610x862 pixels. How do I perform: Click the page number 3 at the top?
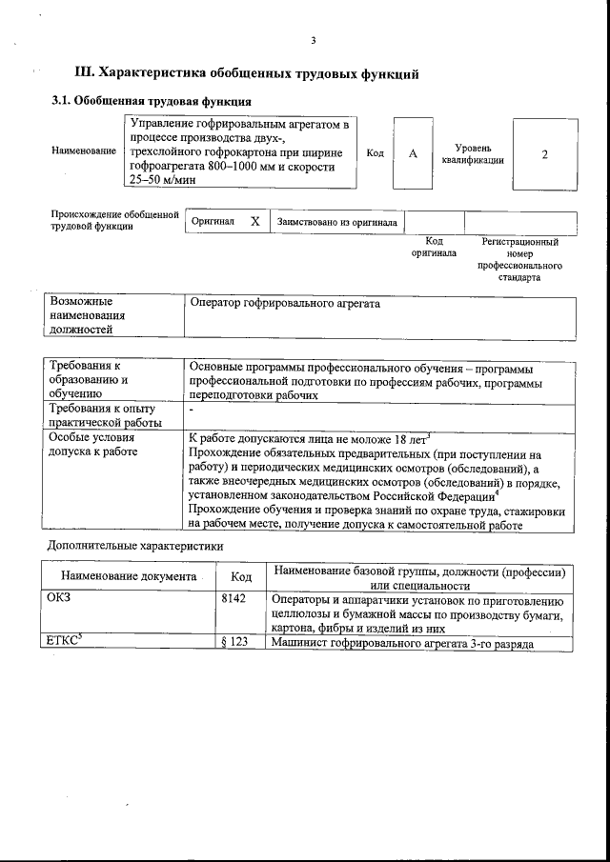[x=313, y=40]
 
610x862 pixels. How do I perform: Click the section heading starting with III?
[x=247, y=73]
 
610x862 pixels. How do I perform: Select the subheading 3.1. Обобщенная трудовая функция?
[x=152, y=101]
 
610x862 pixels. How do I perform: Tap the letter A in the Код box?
[x=413, y=154]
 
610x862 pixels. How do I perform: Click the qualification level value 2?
[x=544, y=154]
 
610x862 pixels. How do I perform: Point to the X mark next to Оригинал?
[x=254, y=221]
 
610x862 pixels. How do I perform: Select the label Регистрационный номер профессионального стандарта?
[x=518, y=260]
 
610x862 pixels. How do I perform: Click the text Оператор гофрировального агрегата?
[x=285, y=304]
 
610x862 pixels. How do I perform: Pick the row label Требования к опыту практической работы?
[x=105, y=415]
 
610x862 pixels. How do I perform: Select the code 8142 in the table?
[x=233, y=599]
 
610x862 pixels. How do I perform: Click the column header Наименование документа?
[x=129, y=577]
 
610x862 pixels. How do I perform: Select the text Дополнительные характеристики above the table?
[x=135, y=547]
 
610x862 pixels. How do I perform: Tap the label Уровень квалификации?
[x=473, y=154]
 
